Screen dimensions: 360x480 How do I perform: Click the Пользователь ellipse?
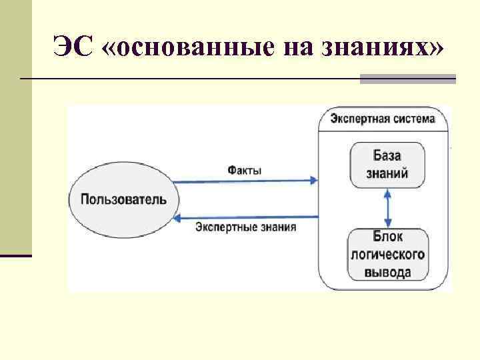tap(124, 199)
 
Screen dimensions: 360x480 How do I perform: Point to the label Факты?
tap(245, 170)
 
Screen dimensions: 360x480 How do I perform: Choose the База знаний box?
tap(387, 165)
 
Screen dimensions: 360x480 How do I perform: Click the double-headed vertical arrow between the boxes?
tap(387, 209)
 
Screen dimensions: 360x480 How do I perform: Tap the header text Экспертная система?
tap(383, 119)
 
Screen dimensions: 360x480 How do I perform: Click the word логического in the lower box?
tap(387, 255)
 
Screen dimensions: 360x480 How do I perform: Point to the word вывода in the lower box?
tap(387, 271)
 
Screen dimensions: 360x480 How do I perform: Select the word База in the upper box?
tap(387, 156)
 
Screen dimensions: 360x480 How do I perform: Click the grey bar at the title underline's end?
tap(407, 79)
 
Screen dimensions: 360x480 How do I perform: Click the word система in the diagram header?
tap(413, 119)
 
